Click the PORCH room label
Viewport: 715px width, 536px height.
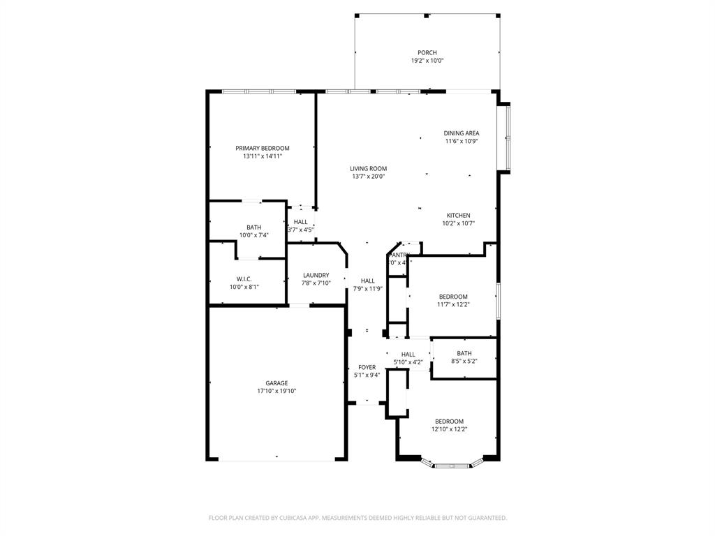coord(427,52)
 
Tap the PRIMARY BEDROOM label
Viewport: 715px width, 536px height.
coord(262,148)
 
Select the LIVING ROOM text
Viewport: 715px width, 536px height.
coord(368,168)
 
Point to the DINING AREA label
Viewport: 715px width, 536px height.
coord(462,133)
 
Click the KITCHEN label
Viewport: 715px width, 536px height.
coord(458,215)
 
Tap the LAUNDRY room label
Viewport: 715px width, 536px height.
coord(316,275)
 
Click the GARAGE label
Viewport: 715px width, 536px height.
coord(277,383)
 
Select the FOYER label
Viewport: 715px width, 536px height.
coord(367,367)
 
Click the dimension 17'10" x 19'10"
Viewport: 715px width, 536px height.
coord(277,391)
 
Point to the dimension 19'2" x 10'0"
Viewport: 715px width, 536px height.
coord(427,61)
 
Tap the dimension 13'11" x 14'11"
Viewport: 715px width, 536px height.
coord(262,156)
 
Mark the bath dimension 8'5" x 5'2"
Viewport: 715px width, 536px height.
coord(464,361)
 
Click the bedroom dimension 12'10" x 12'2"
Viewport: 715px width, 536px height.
coord(449,429)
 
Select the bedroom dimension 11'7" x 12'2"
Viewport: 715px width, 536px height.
coord(452,304)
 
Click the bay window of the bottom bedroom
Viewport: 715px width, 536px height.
coord(453,463)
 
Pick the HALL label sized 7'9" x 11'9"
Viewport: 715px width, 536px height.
coord(367,281)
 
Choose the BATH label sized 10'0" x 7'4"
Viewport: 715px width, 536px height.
coord(253,227)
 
